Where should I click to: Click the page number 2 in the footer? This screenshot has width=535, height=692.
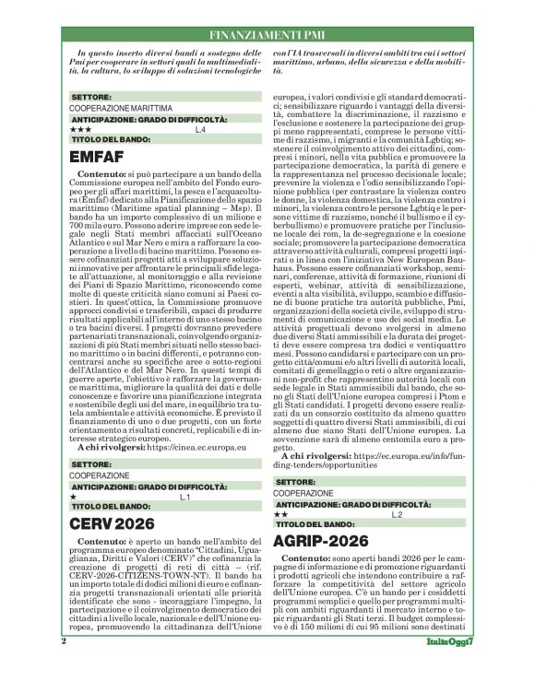pos(64,667)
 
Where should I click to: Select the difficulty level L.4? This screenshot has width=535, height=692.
pos(200,130)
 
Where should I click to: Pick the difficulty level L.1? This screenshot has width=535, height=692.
pos(184,497)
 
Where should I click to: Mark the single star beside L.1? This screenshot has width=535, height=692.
pos(73,497)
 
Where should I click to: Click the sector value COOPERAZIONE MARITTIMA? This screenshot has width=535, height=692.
pos(120,108)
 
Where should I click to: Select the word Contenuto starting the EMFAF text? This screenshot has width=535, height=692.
pos(102,173)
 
